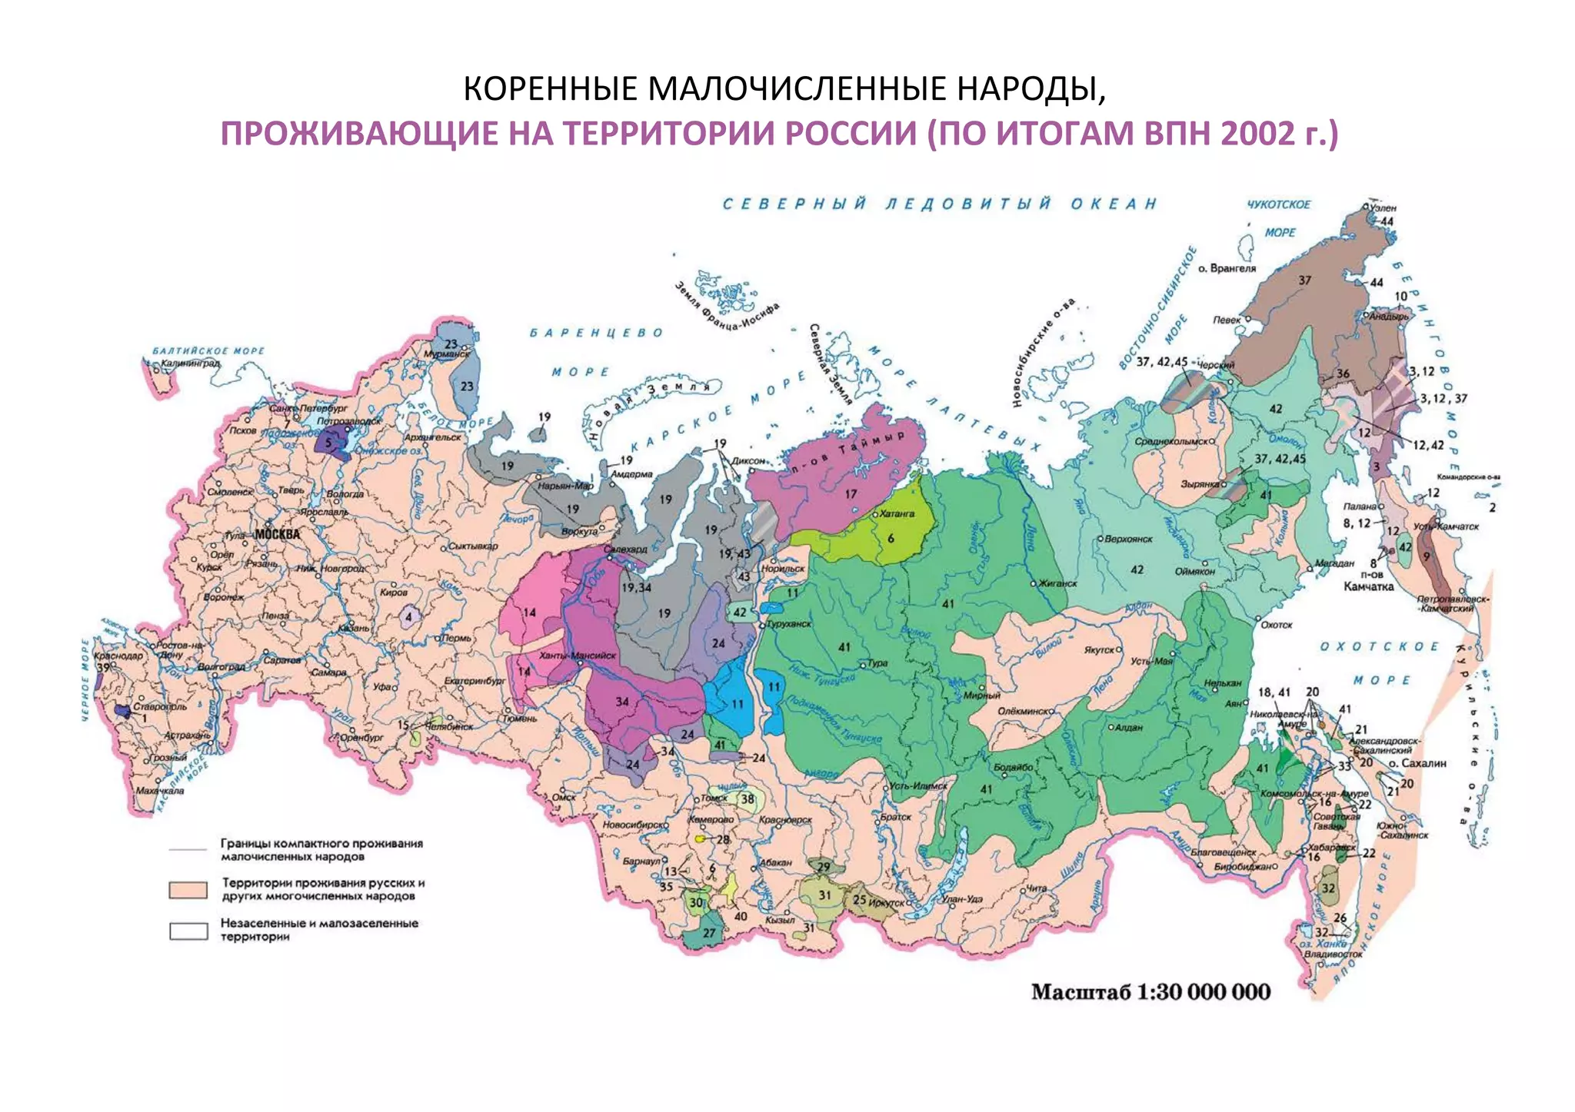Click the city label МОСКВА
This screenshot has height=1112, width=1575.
click(x=278, y=533)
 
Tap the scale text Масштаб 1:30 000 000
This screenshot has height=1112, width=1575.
click(x=1150, y=991)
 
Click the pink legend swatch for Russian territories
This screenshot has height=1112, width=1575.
click(x=188, y=890)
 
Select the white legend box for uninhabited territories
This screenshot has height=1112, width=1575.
click(x=188, y=931)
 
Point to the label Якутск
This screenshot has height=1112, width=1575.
click(x=1099, y=649)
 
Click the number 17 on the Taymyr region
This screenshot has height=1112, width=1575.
click(x=850, y=494)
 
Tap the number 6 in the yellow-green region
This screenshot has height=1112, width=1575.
click(x=891, y=539)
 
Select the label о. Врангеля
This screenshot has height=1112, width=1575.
click(x=1227, y=268)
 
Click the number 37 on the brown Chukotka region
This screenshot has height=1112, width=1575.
click(x=1304, y=280)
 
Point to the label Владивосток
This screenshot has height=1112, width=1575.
click(x=1333, y=954)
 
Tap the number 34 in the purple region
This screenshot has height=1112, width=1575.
click(x=622, y=701)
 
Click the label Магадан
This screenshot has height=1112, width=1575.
click(x=1334, y=563)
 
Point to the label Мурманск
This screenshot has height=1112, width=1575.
click(x=447, y=355)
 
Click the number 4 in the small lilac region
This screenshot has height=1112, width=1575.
click(x=409, y=616)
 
